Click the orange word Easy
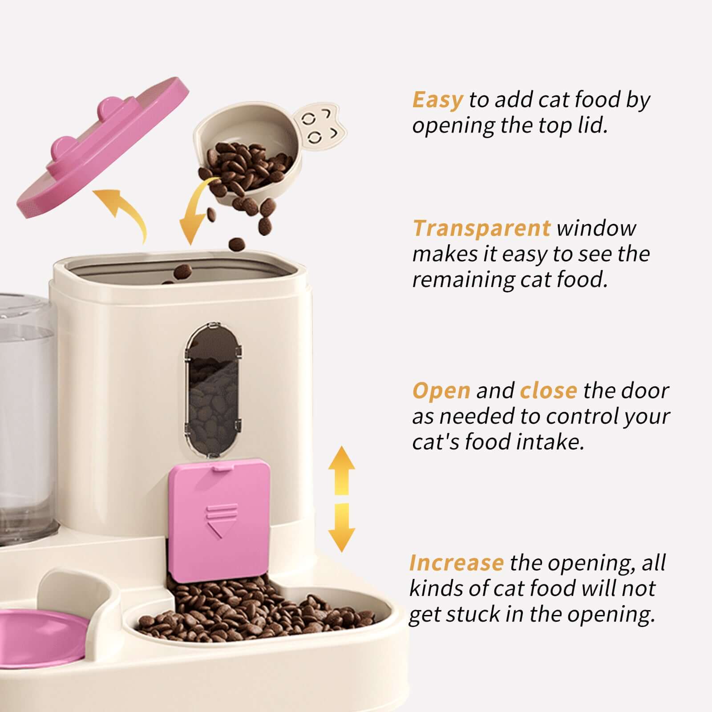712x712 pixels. [437, 100]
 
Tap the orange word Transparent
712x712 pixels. [481, 228]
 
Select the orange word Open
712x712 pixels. [441, 391]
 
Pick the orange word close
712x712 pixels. [548, 391]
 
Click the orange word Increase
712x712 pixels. [456, 563]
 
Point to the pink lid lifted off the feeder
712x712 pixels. [102, 147]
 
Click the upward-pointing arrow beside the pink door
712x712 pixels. [341, 469]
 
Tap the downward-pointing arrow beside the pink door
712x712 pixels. [341, 527]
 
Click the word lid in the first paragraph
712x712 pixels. [592, 126]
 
